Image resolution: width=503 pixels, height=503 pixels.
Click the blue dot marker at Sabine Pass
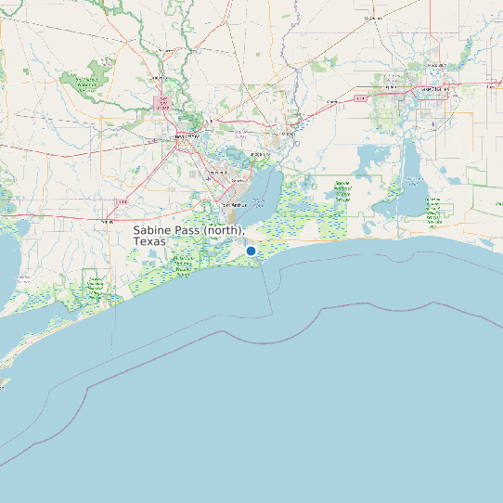click(251, 250)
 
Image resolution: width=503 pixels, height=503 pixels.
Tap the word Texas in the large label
click(149, 241)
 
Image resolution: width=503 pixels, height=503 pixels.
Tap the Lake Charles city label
click(434, 90)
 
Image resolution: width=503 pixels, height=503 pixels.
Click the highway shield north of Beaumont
click(163, 103)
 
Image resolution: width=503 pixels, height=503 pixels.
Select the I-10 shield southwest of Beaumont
click(122, 201)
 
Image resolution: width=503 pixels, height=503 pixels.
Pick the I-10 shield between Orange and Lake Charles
click(360, 96)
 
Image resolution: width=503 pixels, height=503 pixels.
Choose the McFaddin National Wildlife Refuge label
click(184, 266)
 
